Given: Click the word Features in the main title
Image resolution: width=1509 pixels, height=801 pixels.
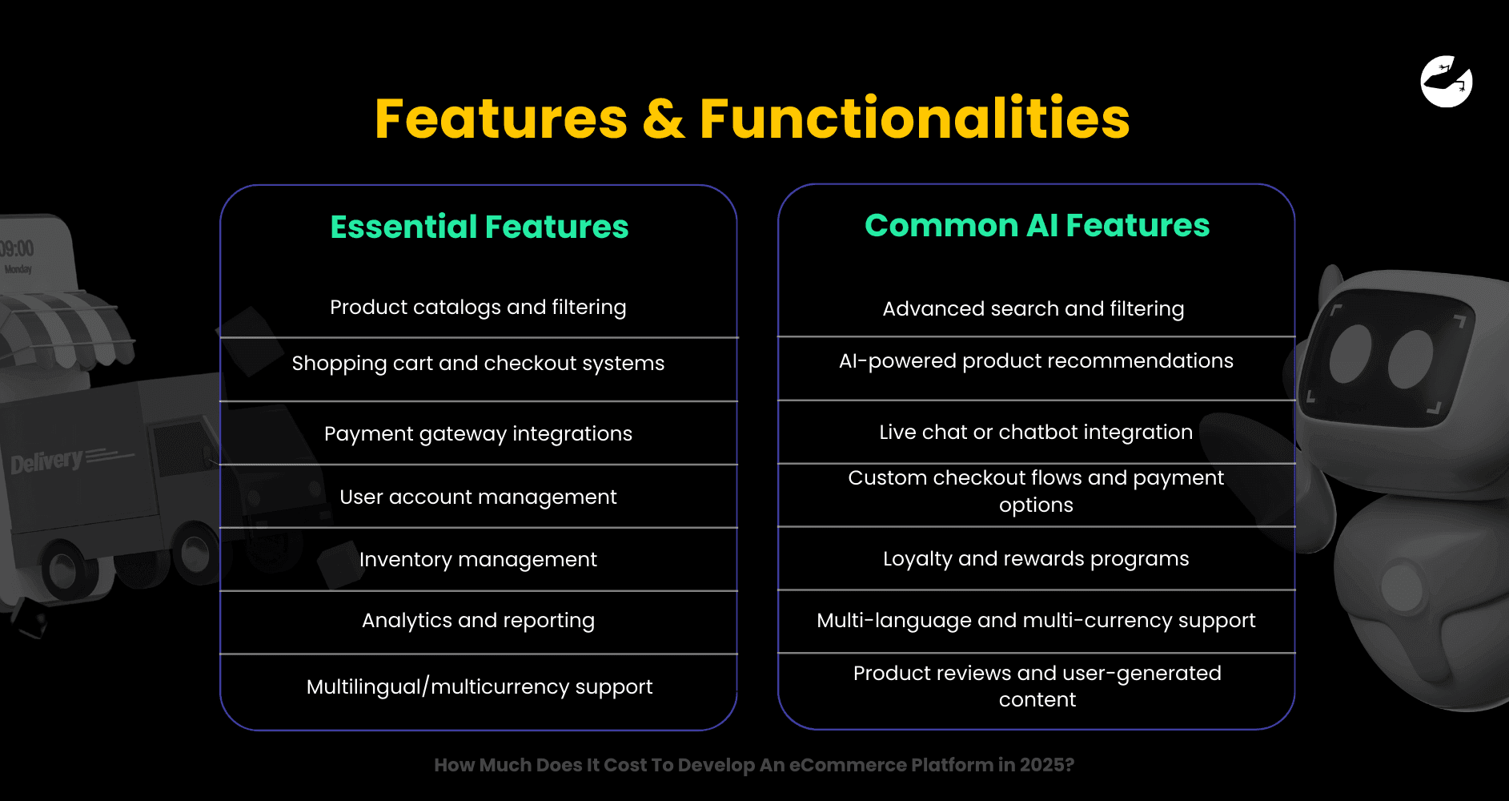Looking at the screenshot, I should point(501,119).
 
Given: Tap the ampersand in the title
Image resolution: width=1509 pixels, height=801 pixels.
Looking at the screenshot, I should point(663,119).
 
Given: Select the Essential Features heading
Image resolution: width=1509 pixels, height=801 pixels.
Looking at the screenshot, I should point(479,227).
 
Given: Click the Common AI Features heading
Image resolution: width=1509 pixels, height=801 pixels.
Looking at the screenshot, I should point(1037,225).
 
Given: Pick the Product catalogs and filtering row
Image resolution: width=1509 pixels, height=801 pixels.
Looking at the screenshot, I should point(478,307).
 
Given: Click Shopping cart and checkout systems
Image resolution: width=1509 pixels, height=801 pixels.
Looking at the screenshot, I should point(478,363).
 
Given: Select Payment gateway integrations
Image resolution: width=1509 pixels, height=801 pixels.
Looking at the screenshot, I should point(478,433).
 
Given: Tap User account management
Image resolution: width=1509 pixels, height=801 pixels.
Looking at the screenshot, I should point(478,497).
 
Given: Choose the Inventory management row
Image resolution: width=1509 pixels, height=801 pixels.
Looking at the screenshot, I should point(478,559).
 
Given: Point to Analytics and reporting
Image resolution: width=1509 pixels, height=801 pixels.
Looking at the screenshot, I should point(478,621).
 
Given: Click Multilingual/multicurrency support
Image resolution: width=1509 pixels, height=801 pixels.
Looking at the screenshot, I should point(479,686).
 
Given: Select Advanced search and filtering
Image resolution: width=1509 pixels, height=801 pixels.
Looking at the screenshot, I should point(1033,308).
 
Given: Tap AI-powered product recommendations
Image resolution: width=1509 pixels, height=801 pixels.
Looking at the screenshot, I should point(1036,361).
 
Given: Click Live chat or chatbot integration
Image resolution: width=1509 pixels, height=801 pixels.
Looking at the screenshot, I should point(1036,432).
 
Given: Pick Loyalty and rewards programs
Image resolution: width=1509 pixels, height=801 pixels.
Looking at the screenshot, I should point(1036,558).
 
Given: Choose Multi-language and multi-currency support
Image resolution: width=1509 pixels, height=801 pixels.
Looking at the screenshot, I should point(1036,620).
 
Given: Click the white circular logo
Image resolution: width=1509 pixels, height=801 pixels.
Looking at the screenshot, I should point(1446,81).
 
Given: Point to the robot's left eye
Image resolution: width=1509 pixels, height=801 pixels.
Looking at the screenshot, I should point(1350,353).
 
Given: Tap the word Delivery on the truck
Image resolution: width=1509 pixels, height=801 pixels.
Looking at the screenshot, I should point(46,461).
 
